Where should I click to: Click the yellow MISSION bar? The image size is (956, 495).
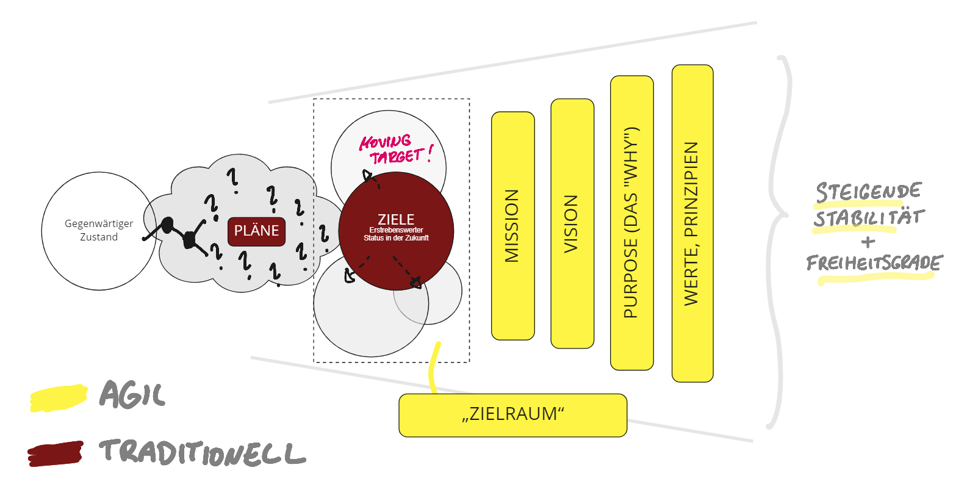[512, 226]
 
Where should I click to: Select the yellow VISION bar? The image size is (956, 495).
[572, 224]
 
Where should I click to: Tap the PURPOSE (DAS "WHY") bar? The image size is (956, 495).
[631, 223]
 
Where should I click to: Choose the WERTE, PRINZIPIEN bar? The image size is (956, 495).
[692, 223]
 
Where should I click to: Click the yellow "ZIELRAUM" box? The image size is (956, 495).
[512, 415]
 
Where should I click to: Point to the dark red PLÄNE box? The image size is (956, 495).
[256, 231]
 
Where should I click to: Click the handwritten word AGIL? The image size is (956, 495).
[132, 395]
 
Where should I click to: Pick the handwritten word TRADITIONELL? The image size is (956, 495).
[202, 453]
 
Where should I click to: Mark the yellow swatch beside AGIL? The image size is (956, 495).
[58, 397]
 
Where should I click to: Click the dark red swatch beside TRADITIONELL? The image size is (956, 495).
[56, 454]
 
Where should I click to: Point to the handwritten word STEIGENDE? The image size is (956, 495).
[868, 192]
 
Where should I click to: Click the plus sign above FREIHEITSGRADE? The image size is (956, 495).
[868, 241]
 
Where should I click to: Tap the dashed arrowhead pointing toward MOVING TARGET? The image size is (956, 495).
[368, 177]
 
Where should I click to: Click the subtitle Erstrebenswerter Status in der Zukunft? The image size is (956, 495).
[396, 234]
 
